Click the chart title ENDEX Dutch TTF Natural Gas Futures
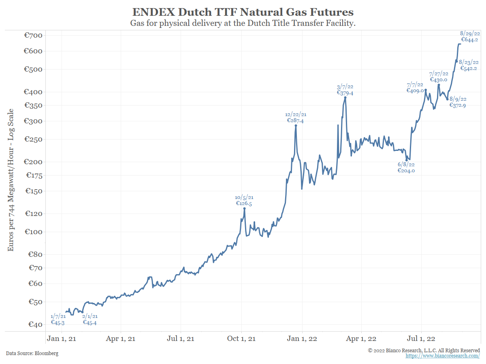(x=243, y=12)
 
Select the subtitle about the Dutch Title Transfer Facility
(x=243, y=23)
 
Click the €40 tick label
(x=32, y=324)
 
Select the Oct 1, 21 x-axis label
(x=241, y=339)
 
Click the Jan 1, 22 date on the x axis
(x=302, y=339)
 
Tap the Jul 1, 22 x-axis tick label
(x=421, y=339)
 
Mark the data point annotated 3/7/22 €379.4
(x=345, y=97)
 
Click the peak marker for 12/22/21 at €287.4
(x=296, y=125)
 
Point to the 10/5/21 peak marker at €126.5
(x=244, y=208)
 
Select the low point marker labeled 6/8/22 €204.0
(x=407, y=160)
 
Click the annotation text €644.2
(x=469, y=40)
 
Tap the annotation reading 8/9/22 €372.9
(x=458, y=102)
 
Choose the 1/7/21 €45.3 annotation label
(x=58, y=319)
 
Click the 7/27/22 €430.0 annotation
(x=439, y=76)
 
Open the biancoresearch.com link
(x=443, y=356)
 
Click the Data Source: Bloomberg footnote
(x=32, y=353)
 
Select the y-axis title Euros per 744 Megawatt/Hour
(x=11, y=180)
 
